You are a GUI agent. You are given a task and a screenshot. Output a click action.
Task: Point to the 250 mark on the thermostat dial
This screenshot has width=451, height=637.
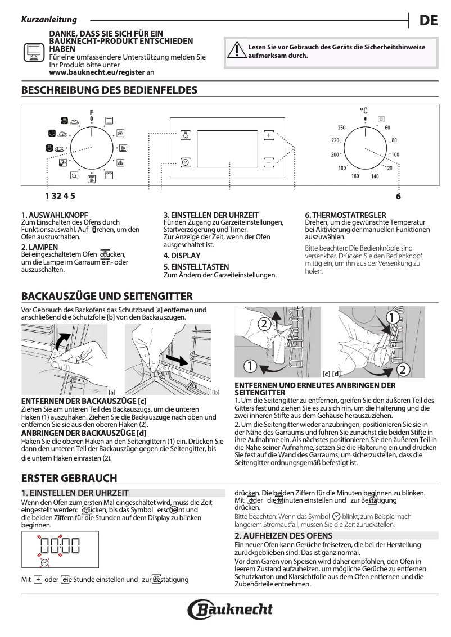pyautogui.click(x=341, y=128)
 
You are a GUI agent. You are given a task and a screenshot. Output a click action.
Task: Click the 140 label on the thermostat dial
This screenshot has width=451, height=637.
pyautogui.click(x=375, y=176)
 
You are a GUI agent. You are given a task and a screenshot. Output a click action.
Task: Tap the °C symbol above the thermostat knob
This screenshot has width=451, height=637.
pyautogui.click(x=364, y=111)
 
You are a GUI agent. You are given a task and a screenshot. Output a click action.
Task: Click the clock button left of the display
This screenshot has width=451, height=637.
pyautogui.click(x=186, y=162)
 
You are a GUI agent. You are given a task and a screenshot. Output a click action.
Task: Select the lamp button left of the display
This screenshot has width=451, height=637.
pyautogui.click(x=186, y=135)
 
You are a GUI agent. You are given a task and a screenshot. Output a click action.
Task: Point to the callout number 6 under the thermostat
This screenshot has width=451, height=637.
pyautogui.click(x=398, y=197)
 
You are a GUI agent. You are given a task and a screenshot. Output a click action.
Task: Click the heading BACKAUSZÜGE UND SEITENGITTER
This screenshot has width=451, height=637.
pyautogui.click(x=107, y=296)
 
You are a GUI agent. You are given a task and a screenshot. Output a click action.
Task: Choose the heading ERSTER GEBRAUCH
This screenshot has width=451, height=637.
pyautogui.click(x=69, y=478)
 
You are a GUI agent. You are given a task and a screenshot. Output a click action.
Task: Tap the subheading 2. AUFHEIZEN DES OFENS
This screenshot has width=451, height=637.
pyautogui.click(x=283, y=535)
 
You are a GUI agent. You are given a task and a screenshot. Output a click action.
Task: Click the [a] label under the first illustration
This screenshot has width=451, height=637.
pyautogui.click(x=112, y=392)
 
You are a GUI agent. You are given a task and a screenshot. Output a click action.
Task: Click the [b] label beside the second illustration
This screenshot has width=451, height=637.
pyautogui.click(x=216, y=392)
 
